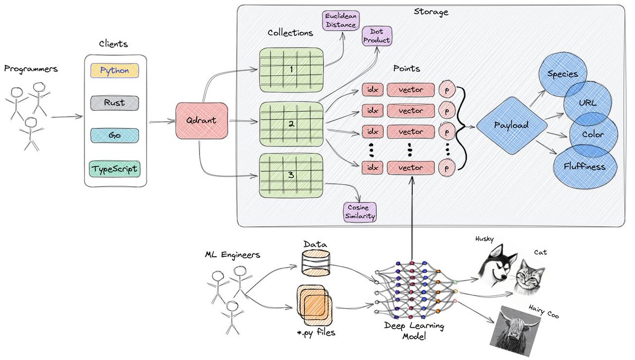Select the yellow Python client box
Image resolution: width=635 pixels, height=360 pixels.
point(115,70)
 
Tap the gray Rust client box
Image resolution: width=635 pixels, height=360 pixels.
point(115,103)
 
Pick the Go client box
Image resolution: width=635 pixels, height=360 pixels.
point(115,136)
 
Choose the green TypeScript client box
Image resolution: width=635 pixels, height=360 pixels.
point(115,169)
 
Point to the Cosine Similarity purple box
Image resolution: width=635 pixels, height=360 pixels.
point(360,211)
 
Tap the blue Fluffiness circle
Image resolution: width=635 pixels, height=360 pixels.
point(584,166)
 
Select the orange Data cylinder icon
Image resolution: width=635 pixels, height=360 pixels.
point(315,264)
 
